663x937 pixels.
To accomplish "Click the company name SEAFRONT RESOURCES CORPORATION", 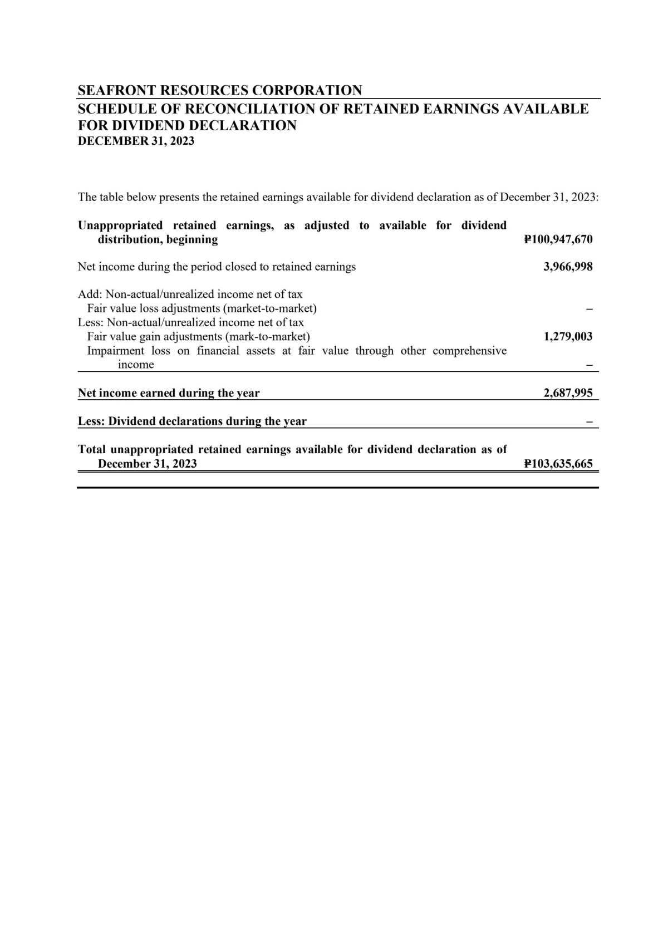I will coord(220,90).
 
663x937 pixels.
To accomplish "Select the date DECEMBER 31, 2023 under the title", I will coord(136,141).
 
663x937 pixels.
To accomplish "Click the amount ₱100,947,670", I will coord(558,240).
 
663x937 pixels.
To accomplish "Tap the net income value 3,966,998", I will coord(568,267).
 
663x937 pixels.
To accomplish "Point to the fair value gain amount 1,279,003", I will coord(568,336).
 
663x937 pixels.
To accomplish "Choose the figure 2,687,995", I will coord(568,393).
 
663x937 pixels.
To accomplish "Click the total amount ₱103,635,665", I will coord(558,464).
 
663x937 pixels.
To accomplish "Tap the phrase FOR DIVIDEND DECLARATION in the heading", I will coord(187,125).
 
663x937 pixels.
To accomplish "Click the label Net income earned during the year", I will coord(169,393).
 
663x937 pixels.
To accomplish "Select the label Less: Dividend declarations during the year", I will coord(192,421).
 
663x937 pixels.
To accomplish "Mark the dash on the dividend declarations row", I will coord(590,421).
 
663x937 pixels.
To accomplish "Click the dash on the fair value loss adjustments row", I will coord(590,308).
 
